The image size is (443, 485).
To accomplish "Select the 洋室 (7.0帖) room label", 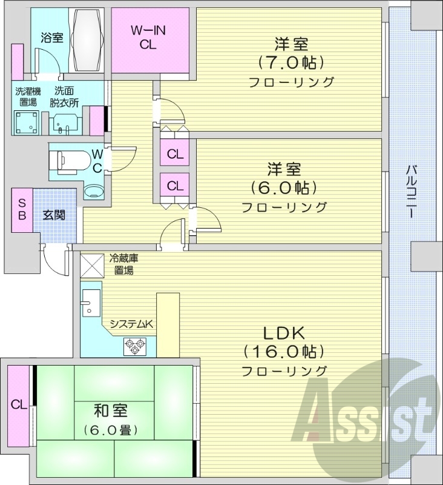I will point(291,62).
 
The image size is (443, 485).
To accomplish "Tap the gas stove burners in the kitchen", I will point(134,346).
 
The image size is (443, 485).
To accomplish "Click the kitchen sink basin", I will point(91,301).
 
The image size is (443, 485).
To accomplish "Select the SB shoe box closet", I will point(22,209).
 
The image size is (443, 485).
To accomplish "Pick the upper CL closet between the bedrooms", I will point(175,154).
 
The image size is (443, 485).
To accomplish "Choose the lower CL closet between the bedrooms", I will point(175,185).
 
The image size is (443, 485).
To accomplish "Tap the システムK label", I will point(131,324).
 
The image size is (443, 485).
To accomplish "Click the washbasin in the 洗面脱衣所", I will point(64,124).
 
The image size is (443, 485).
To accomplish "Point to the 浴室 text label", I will point(51,38).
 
